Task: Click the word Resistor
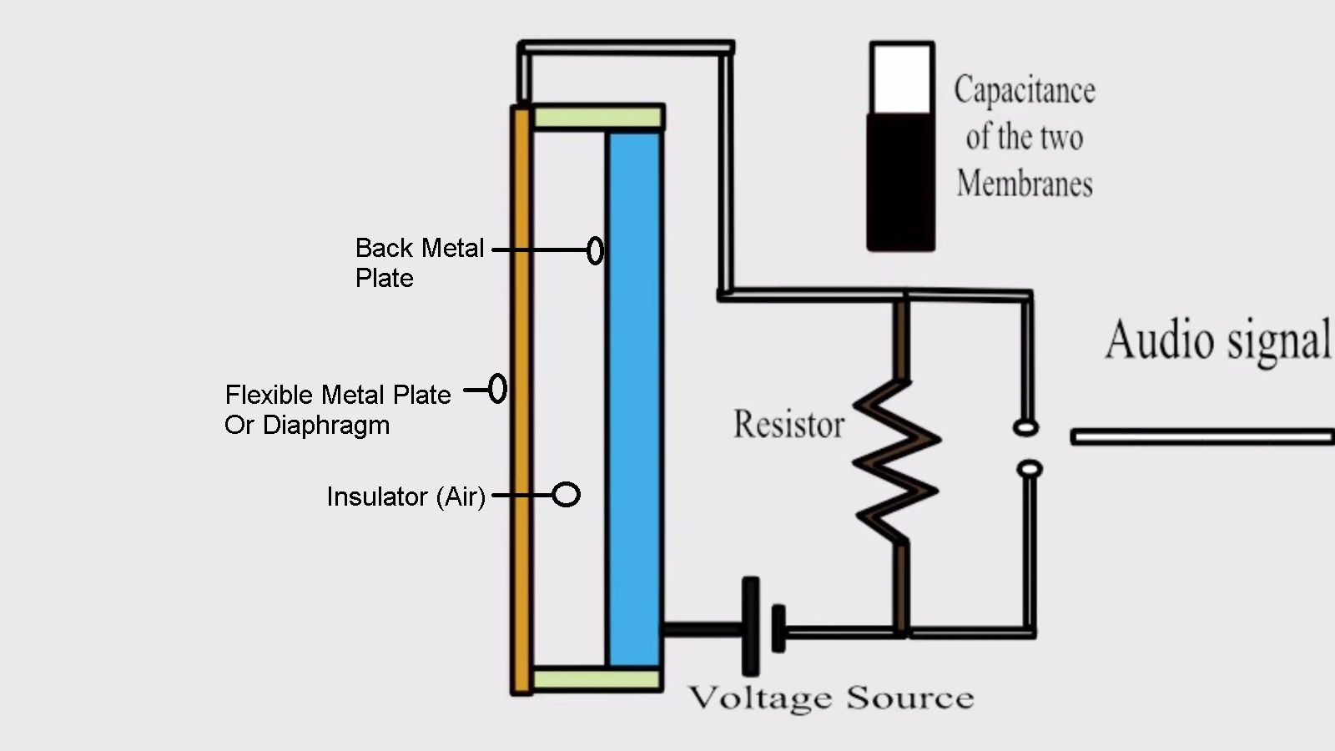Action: pos(788,424)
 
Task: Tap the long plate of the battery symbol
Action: pos(751,626)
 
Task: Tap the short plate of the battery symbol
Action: pos(778,629)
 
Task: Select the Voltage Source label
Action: pos(831,698)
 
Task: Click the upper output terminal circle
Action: pos(1025,428)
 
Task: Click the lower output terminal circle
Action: pos(1030,469)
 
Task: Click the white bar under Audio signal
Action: pos(1201,436)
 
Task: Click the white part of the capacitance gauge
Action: pos(901,79)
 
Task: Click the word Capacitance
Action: pos(1025,90)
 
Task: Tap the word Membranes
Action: pos(1025,184)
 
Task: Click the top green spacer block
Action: pos(597,117)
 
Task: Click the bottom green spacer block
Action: pos(597,679)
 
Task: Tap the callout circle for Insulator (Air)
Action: pos(567,495)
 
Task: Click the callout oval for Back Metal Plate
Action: pos(595,250)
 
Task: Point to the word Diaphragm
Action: pos(326,425)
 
